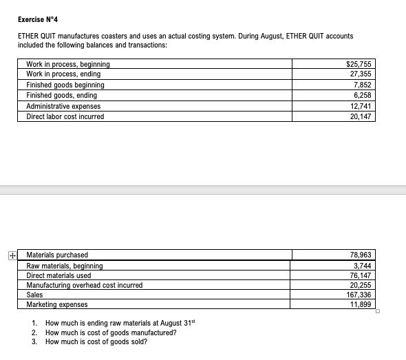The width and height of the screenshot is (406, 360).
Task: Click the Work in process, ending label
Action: [63, 74]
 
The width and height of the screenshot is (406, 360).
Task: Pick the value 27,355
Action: [361, 74]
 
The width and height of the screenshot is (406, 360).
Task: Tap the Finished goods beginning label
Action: [65, 85]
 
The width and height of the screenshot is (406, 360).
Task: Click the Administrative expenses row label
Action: [63, 106]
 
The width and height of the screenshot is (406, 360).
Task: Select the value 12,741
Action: [361, 106]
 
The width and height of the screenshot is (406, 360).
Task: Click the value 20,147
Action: [361, 116]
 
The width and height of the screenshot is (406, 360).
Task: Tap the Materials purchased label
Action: [57, 255]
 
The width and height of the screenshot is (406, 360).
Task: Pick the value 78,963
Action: [361, 255]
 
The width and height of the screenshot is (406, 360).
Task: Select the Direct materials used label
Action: [58, 275]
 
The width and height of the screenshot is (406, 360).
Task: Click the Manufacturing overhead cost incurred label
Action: [84, 285]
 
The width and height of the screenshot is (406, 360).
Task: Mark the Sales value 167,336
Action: [360, 295]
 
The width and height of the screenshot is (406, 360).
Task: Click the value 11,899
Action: [361, 304]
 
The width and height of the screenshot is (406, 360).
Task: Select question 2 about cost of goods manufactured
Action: [110, 332]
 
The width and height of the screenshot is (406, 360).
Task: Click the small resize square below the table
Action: [378, 312]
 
